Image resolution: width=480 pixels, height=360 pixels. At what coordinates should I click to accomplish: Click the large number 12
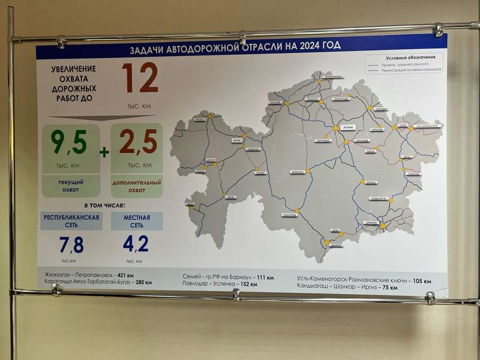[x=140, y=78]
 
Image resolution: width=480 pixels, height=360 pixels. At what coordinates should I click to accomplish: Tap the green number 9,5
[x=68, y=143]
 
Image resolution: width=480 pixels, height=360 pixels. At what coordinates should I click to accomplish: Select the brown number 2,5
[x=137, y=143]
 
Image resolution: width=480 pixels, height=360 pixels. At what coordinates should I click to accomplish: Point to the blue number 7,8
[x=71, y=244]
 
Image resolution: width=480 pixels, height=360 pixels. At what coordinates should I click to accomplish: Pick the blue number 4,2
[x=135, y=244]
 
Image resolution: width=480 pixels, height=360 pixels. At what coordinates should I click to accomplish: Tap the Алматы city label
[x=371, y=221]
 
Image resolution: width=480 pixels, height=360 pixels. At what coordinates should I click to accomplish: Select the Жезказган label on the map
[x=298, y=172]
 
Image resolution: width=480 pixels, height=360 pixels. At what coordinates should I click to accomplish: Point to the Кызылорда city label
[x=290, y=214]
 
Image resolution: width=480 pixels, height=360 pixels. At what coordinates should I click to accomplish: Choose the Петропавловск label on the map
[x=331, y=77]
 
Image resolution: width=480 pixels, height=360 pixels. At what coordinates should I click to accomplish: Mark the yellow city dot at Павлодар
[x=371, y=108]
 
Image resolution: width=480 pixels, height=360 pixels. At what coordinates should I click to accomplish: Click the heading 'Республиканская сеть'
[x=71, y=221]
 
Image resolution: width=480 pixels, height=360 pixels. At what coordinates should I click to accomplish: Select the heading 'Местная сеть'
[x=137, y=221]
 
